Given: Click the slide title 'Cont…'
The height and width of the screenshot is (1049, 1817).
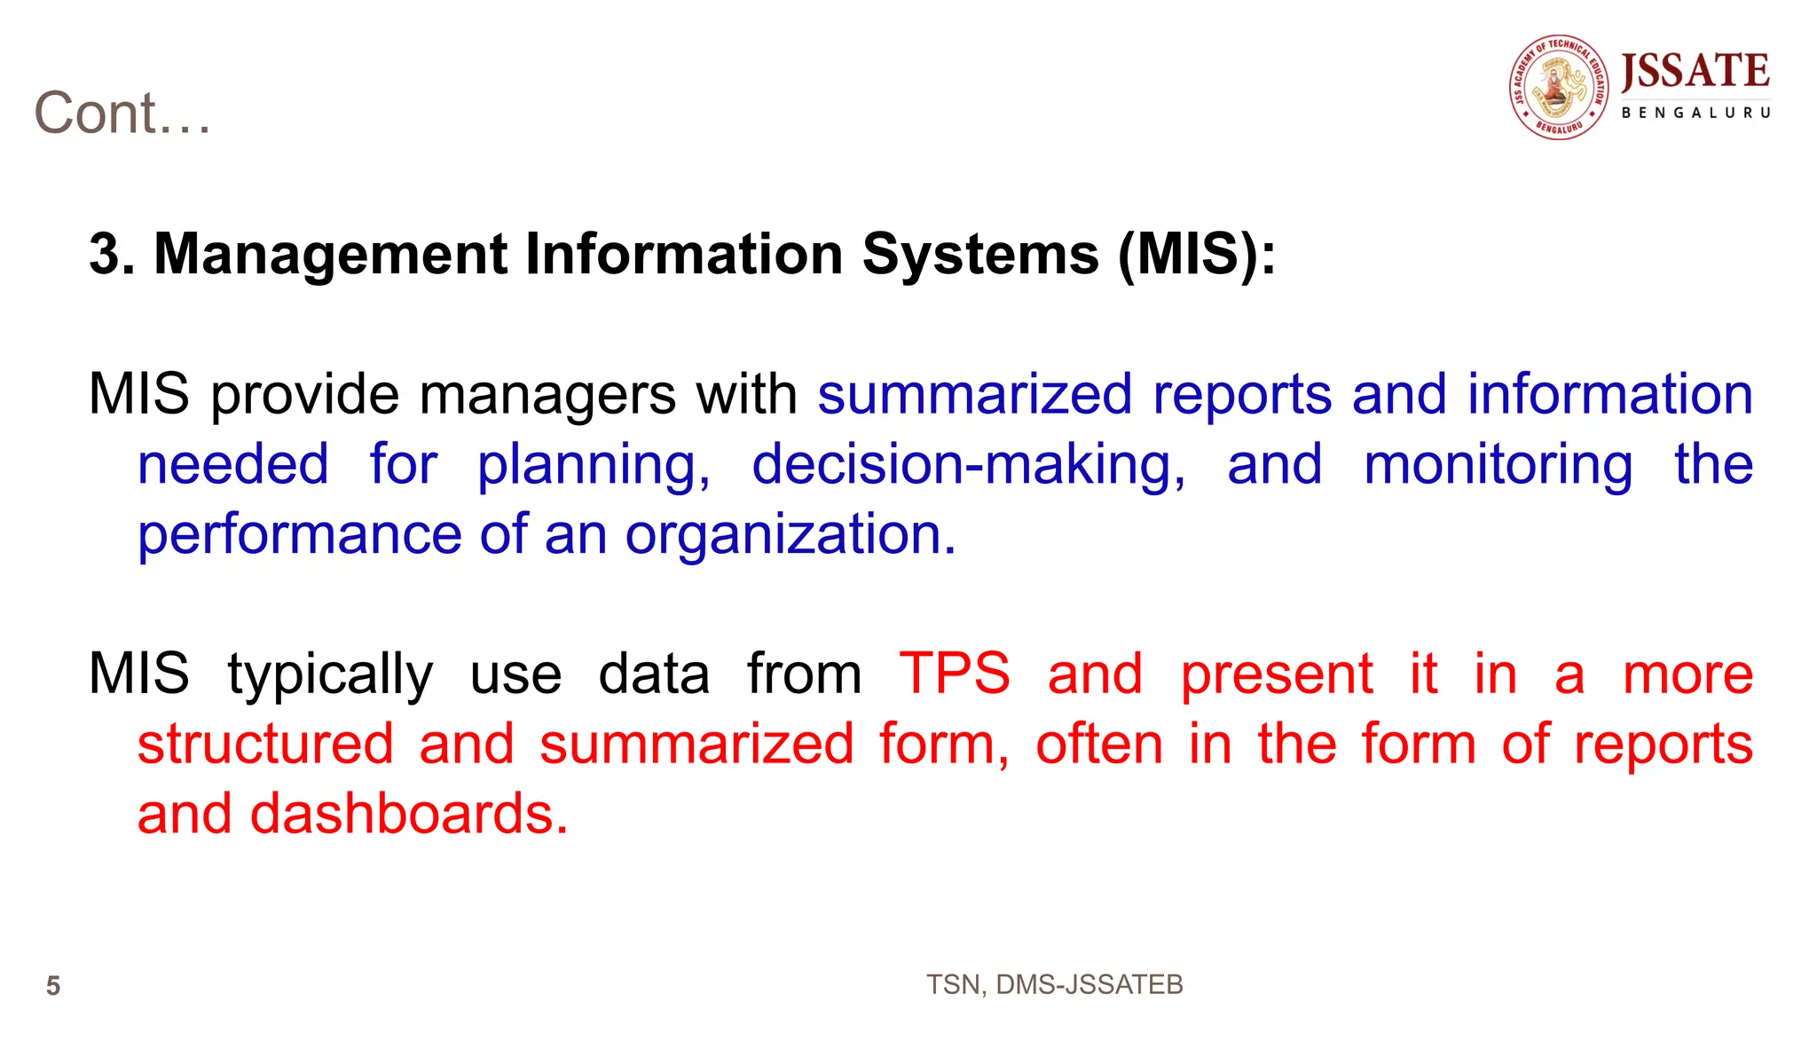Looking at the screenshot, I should pyautogui.click(x=122, y=114).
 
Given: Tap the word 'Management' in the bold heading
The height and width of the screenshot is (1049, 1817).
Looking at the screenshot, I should pyautogui.click(x=331, y=255).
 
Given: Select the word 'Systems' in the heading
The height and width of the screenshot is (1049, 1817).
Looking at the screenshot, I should pyautogui.click(x=980, y=255).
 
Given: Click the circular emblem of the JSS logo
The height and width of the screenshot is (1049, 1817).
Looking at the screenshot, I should pyautogui.click(x=1559, y=88).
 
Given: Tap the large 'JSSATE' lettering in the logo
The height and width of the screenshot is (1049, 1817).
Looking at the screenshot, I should pyautogui.click(x=1695, y=71).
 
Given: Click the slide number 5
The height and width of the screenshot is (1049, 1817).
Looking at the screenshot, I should pyautogui.click(x=53, y=986).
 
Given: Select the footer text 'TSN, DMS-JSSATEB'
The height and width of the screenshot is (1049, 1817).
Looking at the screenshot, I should pyautogui.click(x=1054, y=985).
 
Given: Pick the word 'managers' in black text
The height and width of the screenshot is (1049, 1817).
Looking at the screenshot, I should pyautogui.click(x=547, y=394).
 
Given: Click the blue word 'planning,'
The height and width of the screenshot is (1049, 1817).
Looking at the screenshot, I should pyautogui.click(x=594, y=465).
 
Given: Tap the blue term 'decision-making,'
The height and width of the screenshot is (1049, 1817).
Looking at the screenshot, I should pyautogui.click(x=968, y=465).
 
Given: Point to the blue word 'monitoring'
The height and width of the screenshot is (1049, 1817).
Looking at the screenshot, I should pyautogui.click(x=1498, y=465).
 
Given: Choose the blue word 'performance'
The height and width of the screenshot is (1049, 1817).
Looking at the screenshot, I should pyautogui.click(x=300, y=534).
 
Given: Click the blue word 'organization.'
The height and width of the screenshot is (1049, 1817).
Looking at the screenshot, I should pyautogui.click(x=791, y=534).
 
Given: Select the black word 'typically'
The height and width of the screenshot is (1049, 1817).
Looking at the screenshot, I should pyautogui.click(x=330, y=674).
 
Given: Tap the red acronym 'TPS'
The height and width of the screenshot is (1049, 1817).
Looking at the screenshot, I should pyautogui.click(x=955, y=674).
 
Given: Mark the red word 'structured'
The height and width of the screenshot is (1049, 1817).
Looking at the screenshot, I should pyautogui.click(x=265, y=744).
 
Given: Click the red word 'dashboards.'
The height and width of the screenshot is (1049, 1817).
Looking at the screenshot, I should pyautogui.click(x=409, y=814).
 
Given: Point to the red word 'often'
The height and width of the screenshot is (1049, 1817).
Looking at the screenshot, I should pyautogui.click(x=1099, y=744).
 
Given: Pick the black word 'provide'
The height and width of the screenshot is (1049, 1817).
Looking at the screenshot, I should pyautogui.click(x=304, y=394).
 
